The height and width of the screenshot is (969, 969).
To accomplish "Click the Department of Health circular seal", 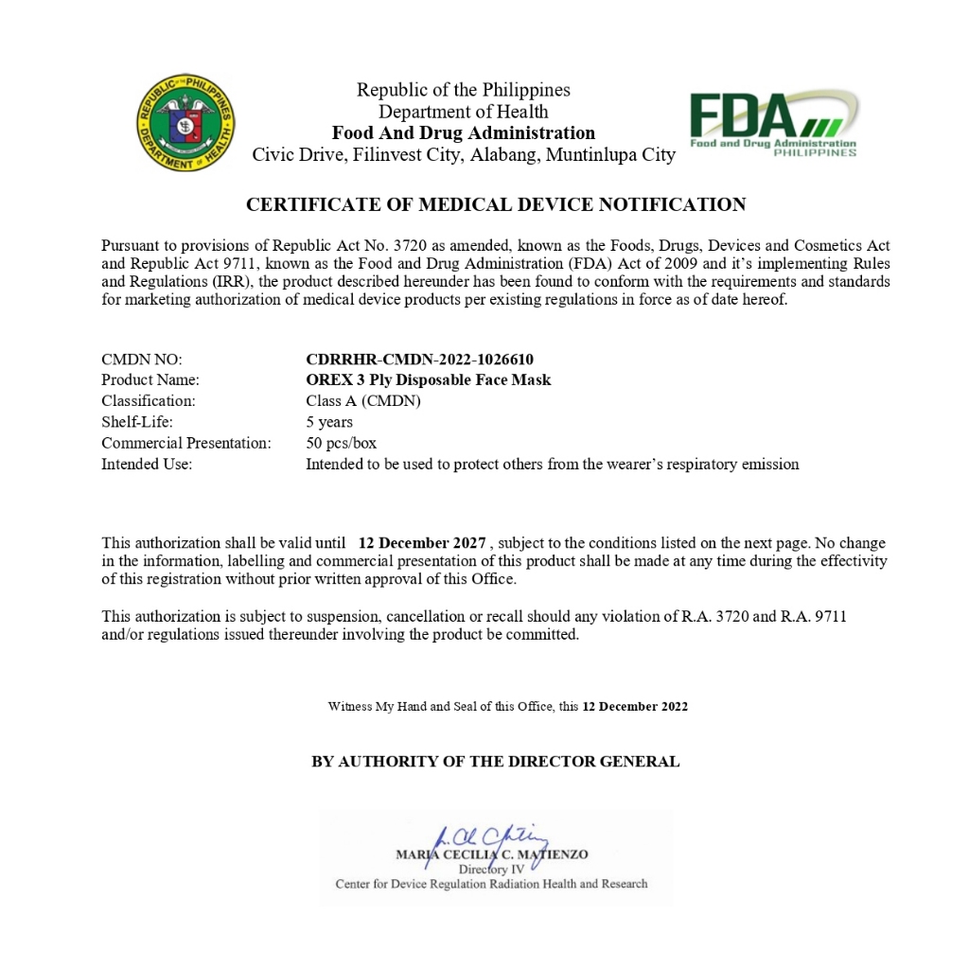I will (x=185, y=123).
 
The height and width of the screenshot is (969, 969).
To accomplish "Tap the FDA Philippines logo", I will (x=773, y=124).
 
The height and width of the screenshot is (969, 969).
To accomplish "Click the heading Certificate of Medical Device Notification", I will (x=496, y=204).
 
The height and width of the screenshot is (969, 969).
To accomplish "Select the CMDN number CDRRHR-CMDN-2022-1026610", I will (x=419, y=360).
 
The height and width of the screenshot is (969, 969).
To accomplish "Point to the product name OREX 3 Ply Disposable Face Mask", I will (x=428, y=380).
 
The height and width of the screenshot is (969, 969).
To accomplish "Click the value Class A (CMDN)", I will (x=362, y=401).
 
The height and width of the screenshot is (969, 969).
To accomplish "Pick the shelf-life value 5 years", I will (x=329, y=422).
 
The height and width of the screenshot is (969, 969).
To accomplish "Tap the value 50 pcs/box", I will (x=341, y=443).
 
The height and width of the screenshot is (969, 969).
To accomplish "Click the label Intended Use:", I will (x=147, y=464).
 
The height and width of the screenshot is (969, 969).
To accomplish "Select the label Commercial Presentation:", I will (x=186, y=443).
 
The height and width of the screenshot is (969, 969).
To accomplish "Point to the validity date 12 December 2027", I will (x=422, y=543).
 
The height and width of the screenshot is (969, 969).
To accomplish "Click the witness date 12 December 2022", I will (x=635, y=707).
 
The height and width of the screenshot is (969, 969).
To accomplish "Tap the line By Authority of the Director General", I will (x=496, y=762).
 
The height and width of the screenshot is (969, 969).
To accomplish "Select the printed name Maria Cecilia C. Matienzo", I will (x=491, y=854).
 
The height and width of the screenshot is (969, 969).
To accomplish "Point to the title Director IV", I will (x=491, y=869).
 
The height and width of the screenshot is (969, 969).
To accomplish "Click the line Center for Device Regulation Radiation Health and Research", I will (x=491, y=884).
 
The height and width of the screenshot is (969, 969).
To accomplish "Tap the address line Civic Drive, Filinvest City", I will (x=464, y=155).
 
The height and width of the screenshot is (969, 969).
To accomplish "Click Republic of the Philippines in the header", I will (x=464, y=90).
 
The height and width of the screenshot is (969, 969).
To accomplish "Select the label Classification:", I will (x=149, y=401).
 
